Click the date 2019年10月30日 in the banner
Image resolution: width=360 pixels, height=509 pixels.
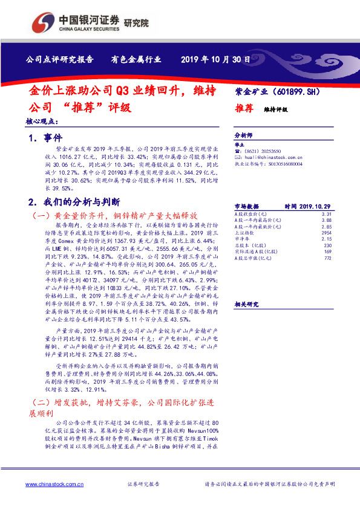[x=215, y=59]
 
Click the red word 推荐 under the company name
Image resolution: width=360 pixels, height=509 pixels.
[x=244, y=109]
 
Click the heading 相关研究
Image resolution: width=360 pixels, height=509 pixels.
[x=245, y=304]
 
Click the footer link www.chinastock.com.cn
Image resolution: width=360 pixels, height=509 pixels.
[x=54, y=484]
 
